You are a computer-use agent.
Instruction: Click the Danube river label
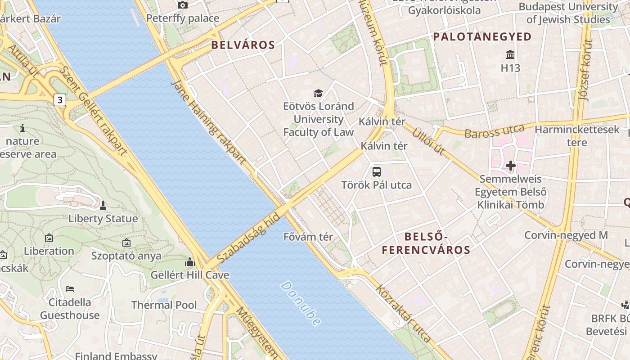(301, 304)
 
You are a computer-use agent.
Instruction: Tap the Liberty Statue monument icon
(103, 206)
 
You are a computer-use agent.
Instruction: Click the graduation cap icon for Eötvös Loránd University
(319, 94)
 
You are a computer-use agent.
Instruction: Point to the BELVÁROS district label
(243, 45)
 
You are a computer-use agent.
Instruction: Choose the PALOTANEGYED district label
(482, 37)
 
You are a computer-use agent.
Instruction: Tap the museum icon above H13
(510, 55)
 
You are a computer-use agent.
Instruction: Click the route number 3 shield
(60, 99)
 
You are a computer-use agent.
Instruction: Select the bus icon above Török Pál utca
(377, 171)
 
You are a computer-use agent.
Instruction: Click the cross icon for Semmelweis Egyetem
(510, 166)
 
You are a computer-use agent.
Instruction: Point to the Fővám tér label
(308, 237)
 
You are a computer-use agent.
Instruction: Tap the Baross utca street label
(495, 131)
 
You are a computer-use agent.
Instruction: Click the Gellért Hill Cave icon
(190, 262)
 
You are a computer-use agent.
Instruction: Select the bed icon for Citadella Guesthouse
(70, 288)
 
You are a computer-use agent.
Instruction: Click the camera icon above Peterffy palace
(182, 5)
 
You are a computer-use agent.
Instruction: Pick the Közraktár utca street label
(403, 313)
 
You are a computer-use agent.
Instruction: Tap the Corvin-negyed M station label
(566, 235)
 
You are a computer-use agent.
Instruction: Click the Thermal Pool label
(164, 305)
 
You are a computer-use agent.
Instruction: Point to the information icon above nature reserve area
(22, 128)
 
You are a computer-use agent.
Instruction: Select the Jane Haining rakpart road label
(209, 122)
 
